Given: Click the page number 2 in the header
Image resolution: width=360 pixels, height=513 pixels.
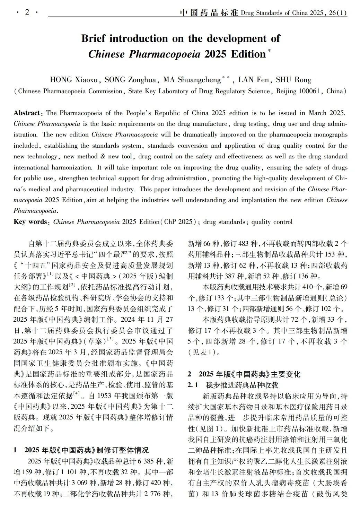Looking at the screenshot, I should [27, 12].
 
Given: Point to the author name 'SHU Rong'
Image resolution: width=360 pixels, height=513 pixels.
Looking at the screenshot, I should [293, 80].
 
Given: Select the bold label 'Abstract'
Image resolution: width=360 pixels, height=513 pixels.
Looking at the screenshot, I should [27, 113].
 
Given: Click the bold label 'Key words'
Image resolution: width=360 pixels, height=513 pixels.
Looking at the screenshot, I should [30, 222].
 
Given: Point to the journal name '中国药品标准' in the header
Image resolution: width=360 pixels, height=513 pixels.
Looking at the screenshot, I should [209, 13].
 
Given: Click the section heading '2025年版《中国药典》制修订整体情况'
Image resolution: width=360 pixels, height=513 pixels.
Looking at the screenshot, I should [87, 450].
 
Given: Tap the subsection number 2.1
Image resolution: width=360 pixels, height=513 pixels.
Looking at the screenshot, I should [193, 385].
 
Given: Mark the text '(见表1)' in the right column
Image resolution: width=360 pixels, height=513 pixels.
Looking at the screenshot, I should [204, 352].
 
